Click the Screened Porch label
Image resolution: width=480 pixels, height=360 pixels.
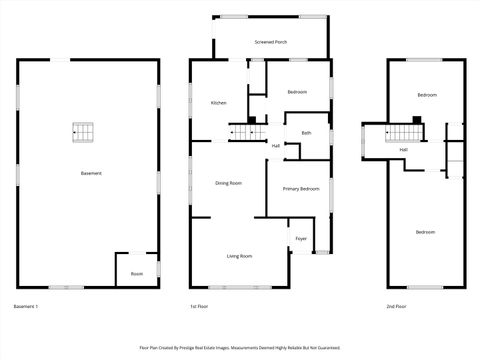(x=270, y=43)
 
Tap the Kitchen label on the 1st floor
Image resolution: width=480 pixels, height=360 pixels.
(x=218, y=103)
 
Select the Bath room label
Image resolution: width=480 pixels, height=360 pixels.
(x=306, y=132)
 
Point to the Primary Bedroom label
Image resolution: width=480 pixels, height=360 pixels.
(x=301, y=188)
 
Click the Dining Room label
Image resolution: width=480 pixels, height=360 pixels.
(x=229, y=183)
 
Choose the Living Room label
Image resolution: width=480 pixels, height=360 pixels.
(x=239, y=256)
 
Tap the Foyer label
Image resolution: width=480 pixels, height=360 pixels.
(x=301, y=238)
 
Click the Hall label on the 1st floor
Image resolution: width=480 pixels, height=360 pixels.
(x=276, y=146)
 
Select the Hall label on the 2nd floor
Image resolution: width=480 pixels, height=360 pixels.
(x=403, y=150)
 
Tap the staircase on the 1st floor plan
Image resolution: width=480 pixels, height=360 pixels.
(x=244, y=132)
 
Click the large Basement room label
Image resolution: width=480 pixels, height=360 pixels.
(x=91, y=174)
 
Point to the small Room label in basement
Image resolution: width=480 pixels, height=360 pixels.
(x=136, y=273)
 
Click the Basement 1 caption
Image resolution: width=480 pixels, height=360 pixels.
(x=26, y=306)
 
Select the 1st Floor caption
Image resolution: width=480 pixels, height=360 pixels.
(x=199, y=306)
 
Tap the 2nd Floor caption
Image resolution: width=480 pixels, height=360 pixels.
(x=398, y=306)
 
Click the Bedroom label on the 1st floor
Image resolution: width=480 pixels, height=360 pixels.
(x=297, y=92)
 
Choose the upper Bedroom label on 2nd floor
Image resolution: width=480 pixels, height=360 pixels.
(x=427, y=95)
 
